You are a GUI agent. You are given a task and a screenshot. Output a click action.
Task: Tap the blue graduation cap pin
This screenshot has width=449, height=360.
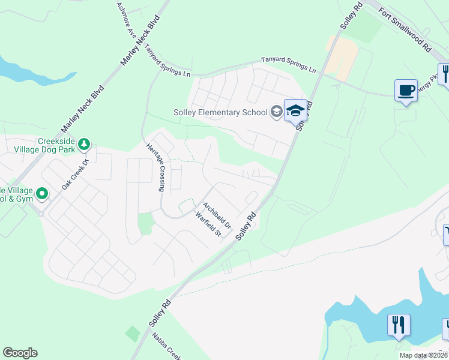[x=295, y=110]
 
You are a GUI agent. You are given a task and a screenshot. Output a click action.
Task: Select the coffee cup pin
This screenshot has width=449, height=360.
[x=406, y=91]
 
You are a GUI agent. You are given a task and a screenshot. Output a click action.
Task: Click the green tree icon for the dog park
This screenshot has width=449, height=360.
[x=85, y=143]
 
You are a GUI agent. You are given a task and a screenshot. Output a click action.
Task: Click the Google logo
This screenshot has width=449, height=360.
[x=20, y=353]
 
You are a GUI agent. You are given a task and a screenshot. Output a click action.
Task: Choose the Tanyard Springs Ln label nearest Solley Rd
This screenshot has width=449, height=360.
[x=288, y=65]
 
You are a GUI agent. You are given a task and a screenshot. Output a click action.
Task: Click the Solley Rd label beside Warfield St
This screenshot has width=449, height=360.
[x=246, y=226]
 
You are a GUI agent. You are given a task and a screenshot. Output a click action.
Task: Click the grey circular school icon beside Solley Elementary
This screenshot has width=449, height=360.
[x=276, y=111]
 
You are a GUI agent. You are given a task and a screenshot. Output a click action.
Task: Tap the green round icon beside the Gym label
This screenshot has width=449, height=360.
[x=42, y=193]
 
